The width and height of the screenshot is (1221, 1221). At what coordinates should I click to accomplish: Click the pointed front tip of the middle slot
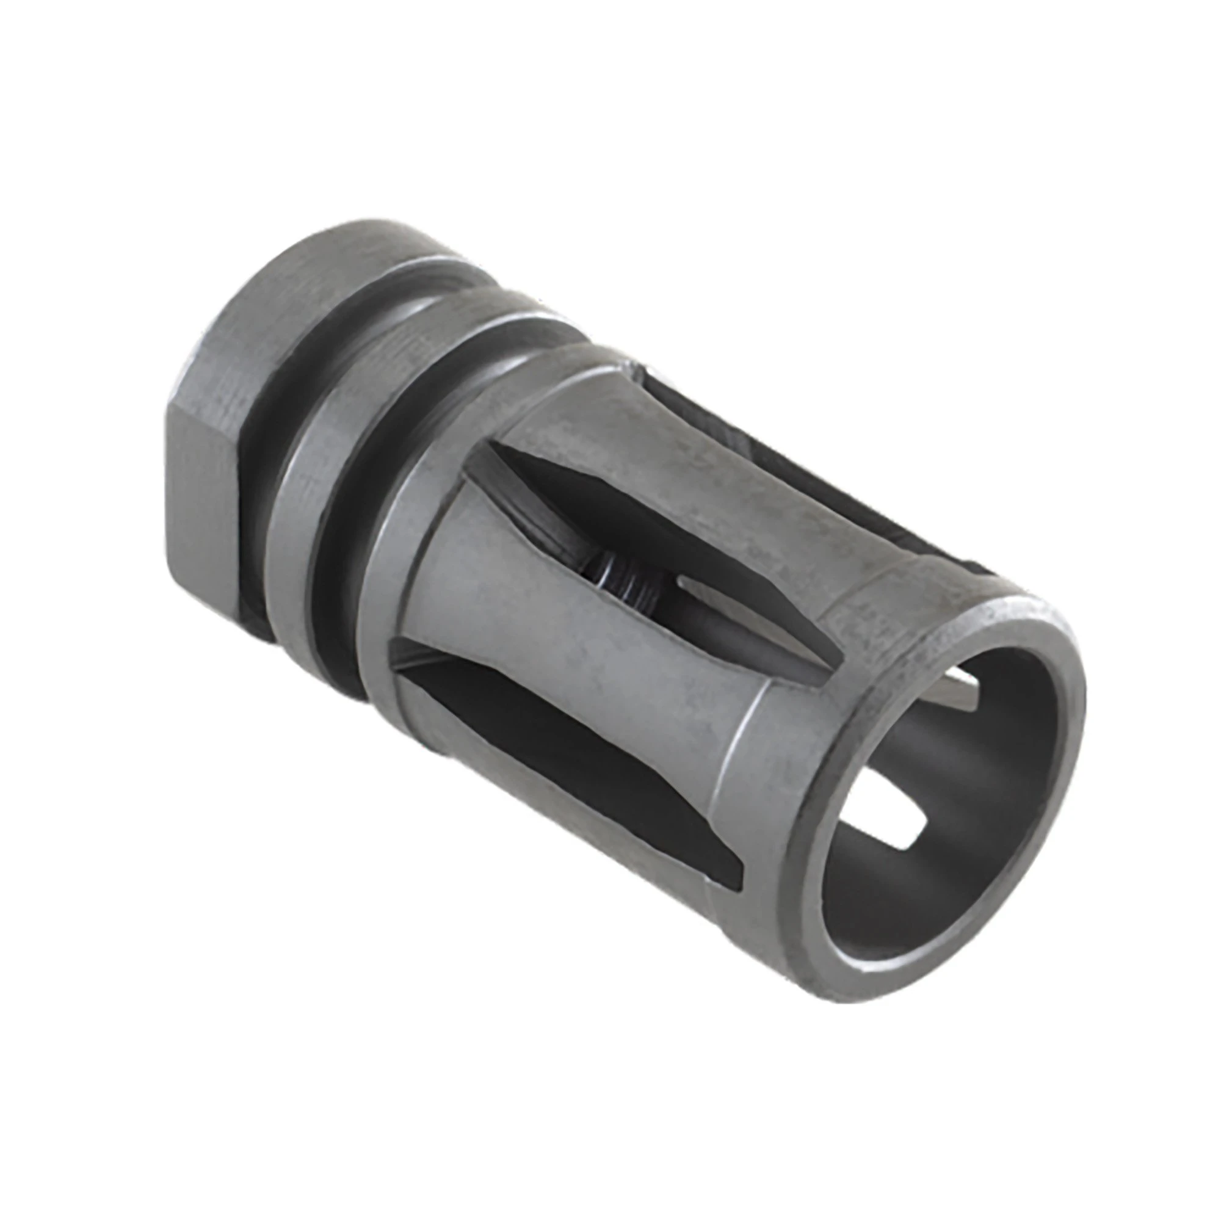834,667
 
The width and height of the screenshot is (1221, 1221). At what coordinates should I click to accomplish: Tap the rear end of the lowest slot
405,651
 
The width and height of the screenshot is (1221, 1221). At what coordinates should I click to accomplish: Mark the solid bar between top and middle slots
695,480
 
